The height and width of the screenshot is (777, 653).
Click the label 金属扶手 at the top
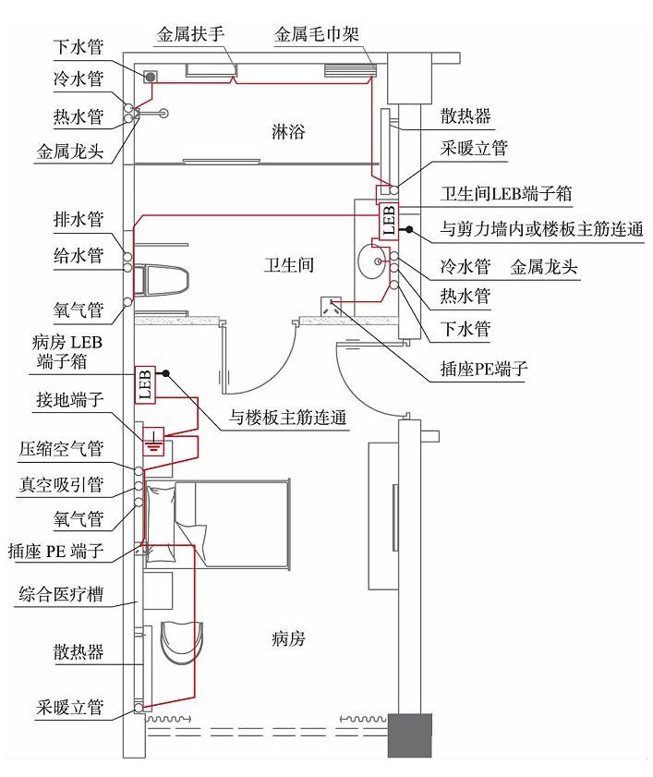coord(190,35)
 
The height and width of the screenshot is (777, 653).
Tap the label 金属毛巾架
coord(317,35)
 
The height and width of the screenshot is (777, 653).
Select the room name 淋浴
coord(288,131)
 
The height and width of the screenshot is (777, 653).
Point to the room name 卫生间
coord(288,265)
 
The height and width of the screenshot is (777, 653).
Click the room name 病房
coord(288,638)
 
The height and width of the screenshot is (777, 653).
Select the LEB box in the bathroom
coord(388,220)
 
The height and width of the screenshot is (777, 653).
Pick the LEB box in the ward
coord(144,383)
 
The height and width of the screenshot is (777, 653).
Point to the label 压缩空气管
coord(61,450)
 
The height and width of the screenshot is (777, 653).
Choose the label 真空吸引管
coord(61,484)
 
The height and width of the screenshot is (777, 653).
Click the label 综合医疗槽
coord(61,593)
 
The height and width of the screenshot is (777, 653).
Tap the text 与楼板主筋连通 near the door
coord(289,418)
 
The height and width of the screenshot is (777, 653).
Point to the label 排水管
coord(78,219)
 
